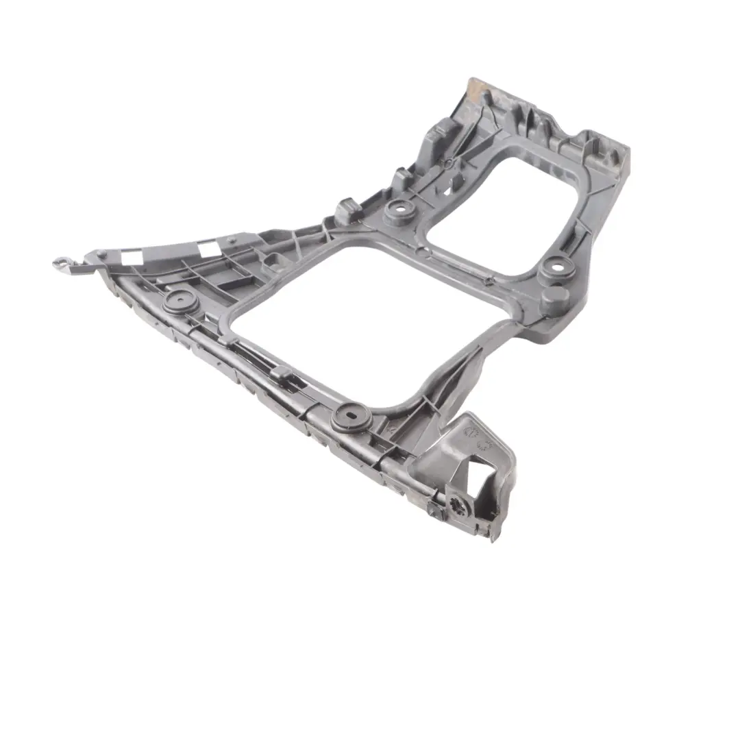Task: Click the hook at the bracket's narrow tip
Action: tap(61, 262)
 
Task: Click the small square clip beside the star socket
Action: tap(434, 510)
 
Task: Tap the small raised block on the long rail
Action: tap(280, 374)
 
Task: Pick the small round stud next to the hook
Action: tap(101, 254)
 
